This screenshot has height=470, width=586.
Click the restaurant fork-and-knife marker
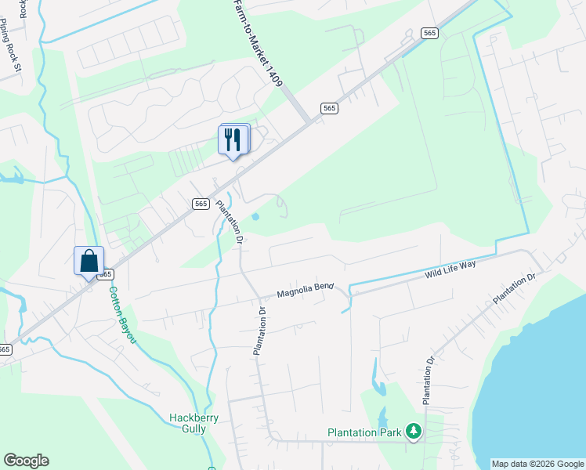(233, 139)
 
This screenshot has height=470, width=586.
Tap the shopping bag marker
(89, 261)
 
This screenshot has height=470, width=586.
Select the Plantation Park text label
(364, 432)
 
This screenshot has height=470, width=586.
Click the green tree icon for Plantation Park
(414, 431)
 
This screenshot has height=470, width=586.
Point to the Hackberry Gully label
(189, 423)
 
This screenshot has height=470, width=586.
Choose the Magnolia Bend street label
(306, 291)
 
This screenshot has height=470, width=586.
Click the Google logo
(26, 461)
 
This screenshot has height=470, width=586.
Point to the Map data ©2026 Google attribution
(537, 464)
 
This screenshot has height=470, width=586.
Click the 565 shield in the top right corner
(429, 32)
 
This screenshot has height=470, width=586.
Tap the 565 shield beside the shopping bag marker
(106, 274)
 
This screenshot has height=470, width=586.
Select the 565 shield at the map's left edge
(5, 349)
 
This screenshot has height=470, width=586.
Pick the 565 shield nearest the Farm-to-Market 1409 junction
(329, 108)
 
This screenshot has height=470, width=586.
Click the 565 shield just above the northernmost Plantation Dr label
(201, 203)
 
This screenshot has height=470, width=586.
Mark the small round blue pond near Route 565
(255, 217)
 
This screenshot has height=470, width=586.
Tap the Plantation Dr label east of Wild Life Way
(514, 289)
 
